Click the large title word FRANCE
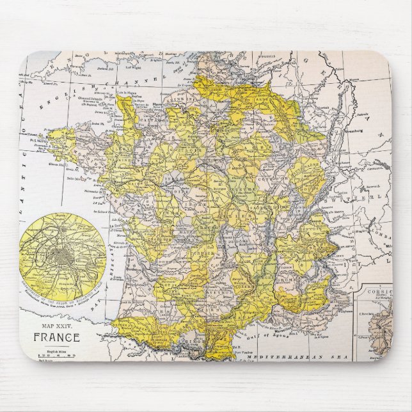click(57, 337)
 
